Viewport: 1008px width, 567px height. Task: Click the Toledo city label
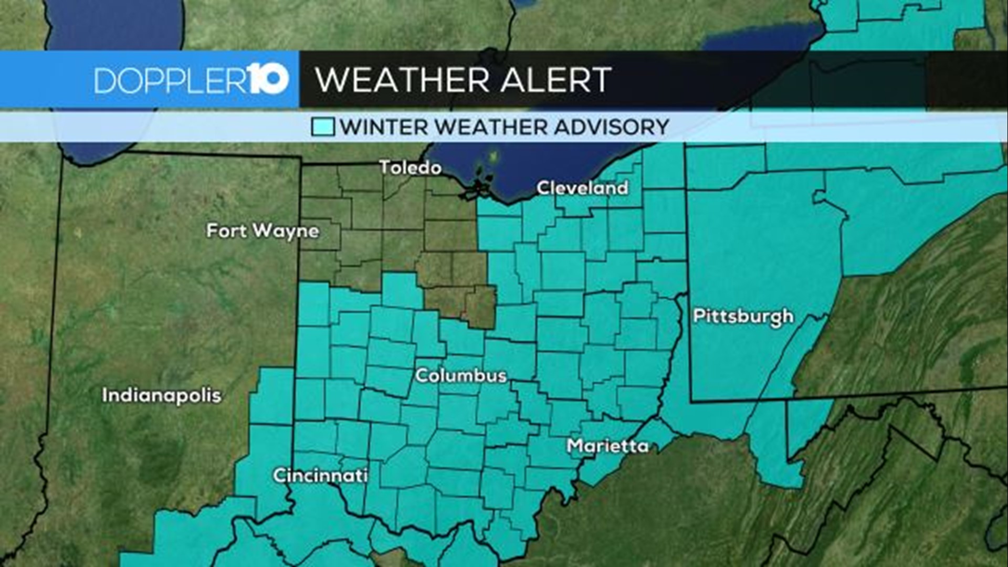(410, 168)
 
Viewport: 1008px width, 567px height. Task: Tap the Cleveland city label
(582, 188)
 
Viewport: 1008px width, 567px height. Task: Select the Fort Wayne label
(262, 231)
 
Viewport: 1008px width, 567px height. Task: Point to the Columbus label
(461, 375)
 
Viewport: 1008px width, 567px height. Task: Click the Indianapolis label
(162, 395)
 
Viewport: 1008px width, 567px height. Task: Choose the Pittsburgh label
(743, 317)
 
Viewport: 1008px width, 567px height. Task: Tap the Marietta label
(608, 446)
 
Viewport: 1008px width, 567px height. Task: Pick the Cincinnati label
(320, 476)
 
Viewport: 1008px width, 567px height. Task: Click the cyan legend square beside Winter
(322, 127)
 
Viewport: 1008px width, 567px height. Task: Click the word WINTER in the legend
(384, 127)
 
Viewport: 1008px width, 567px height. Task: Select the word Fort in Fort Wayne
(226, 230)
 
